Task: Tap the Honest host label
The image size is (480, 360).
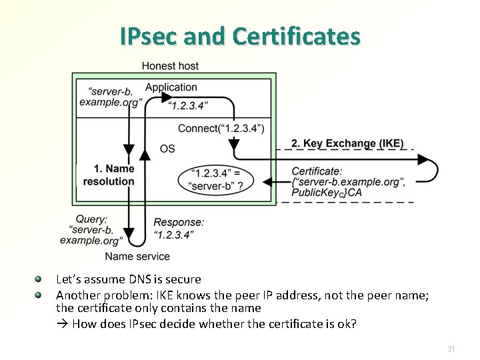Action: [x=170, y=66]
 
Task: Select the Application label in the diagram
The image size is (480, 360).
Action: [x=171, y=87]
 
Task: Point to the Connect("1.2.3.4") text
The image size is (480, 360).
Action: [x=221, y=128]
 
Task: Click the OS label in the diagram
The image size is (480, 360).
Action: [x=167, y=148]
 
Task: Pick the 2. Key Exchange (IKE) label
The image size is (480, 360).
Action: [x=347, y=143]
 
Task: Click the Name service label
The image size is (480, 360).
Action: [x=137, y=256]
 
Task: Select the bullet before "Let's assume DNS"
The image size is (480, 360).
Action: [x=39, y=279]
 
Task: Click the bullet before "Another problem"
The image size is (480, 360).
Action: [x=39, y=294]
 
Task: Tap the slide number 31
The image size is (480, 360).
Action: [x=451, y=349]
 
